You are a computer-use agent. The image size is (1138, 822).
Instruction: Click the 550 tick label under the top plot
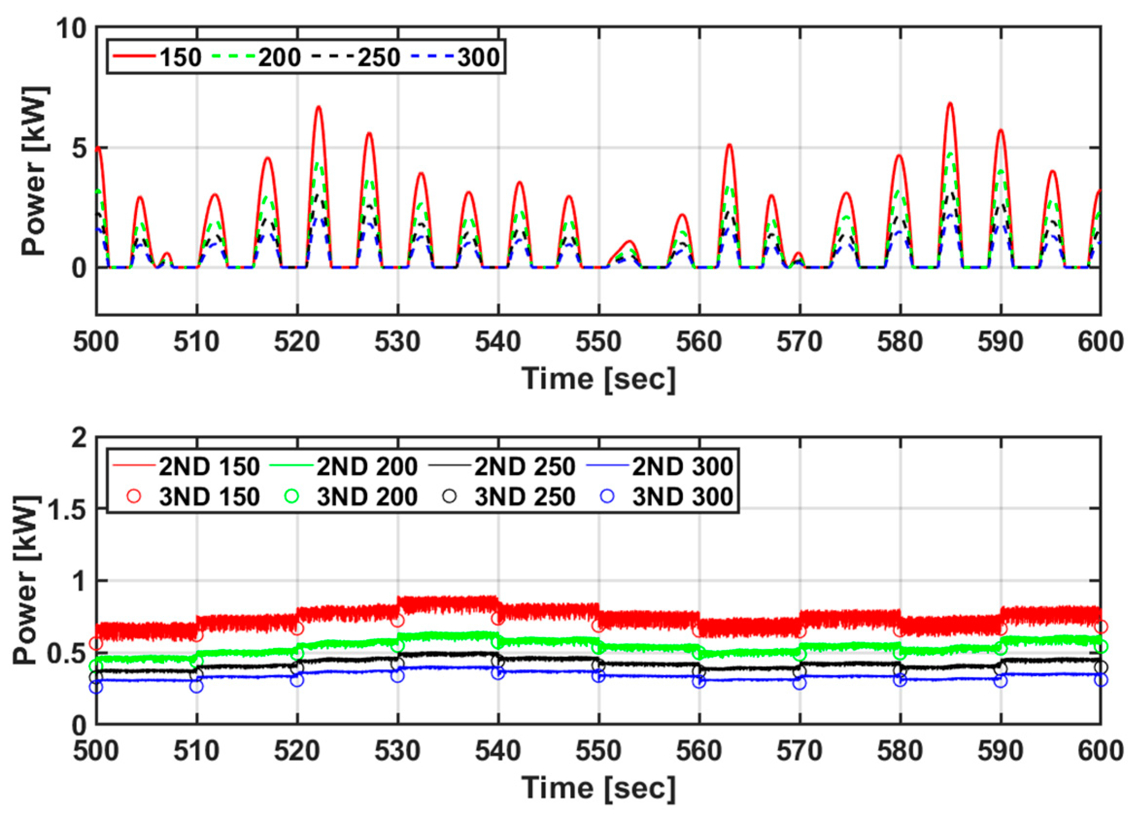pyautogui.click(x=598, y=342)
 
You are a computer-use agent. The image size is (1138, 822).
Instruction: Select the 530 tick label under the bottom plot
pyautogui.click(x=398, y=751)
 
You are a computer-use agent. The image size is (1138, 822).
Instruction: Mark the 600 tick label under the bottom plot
pyautogui.click(x=1100, y=751)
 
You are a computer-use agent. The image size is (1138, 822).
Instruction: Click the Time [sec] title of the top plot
pyautogui.click(x=598, y=378)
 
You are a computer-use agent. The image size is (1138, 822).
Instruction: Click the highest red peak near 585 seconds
pyautogui.click(x=950, y=103)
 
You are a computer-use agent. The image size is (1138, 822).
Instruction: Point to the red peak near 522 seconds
pyautogui.click(x=318, y=107)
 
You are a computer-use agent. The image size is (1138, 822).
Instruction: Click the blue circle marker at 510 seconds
pyautogui.click(x=197, y=686)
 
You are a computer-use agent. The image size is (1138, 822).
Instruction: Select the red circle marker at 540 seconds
pyautogui.click(x=498, y=618)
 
